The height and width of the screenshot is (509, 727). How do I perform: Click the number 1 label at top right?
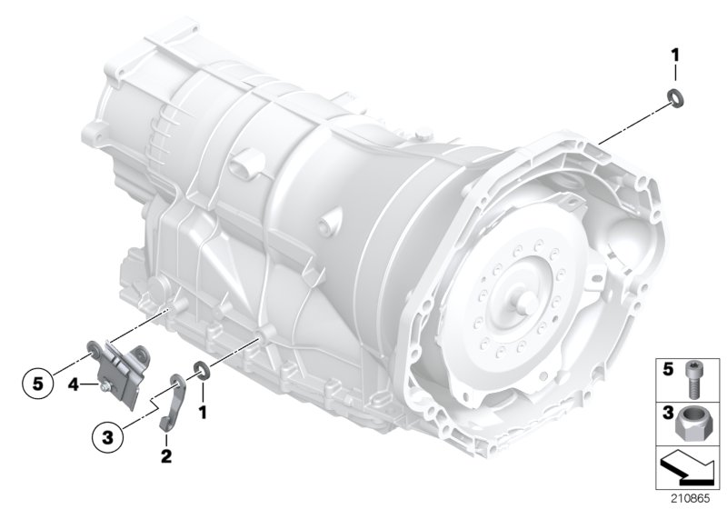674,56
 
